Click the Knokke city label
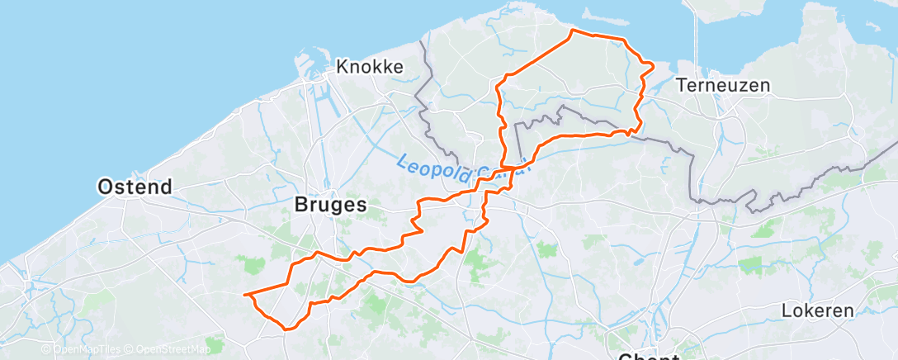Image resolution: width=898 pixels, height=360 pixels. click(x=370, y=67)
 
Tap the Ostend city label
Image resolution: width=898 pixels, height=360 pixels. click(x=135, y=187)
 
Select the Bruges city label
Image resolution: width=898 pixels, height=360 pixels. click(x=330, y=206)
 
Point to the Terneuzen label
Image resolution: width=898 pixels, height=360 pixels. click(x=722, y=85)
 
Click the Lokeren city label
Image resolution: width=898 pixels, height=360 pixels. click(x=818, y=311)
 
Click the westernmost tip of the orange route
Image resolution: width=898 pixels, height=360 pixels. click(x=244, y=294)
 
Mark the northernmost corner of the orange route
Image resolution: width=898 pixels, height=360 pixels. click(x=572, y=31)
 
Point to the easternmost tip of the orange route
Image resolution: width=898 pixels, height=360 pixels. click(x=654, y=64)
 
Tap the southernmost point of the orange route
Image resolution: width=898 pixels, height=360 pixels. click(x=286, y=329)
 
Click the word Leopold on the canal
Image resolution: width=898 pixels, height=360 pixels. click(x=433, y=165)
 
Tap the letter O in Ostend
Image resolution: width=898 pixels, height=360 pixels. click(x=105, y=187)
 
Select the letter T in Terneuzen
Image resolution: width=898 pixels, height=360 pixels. click(x=680, y=85)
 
